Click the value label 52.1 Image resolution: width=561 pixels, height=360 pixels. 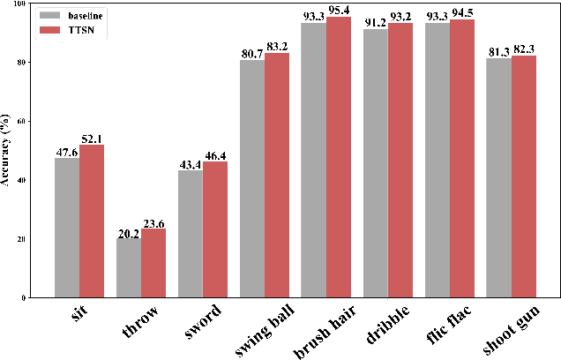pyautogui.click(x=93, y=138)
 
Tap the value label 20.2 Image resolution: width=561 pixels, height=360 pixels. pyautogui.click(x=129, y=234)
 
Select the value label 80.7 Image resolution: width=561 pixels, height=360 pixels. pyautogui.click(x=251, y=55)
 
